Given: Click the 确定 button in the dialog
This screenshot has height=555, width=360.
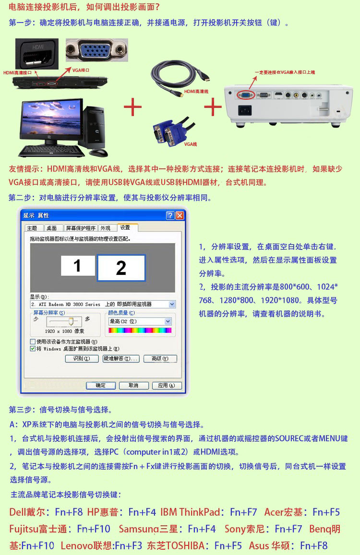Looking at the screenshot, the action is pyautogui.click(x=101, y=386).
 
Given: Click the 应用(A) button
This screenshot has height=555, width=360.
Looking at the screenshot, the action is pyautogui.click(x=167, y=386).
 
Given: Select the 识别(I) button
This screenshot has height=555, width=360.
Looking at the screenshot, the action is pyautogui.click(x=82, y=358).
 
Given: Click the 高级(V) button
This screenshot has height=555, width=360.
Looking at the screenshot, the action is pyautogui.click(x=160, y=358).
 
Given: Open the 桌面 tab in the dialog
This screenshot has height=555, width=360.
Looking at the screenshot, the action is pyautogui.click(x=52, y=228).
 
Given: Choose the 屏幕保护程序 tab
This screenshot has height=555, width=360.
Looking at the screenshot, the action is pyautogui.click(x=81, y=228).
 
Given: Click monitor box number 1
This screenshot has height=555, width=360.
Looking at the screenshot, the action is pyautogui.click(x=78, y=265).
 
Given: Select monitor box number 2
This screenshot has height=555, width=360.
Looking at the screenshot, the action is pyautogui.click(x=121, y=268).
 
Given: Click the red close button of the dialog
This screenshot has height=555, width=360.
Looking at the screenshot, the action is pyautogui.click(x=180, y=215).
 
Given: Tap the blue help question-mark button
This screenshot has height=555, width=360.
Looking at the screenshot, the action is pyautogui.click(x=170, y=215).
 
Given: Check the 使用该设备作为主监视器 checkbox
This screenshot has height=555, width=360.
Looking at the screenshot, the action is pyautogui.click(x=33, y=342).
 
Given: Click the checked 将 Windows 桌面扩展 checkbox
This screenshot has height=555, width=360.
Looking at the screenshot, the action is pyautogui.click(x=33, y=349).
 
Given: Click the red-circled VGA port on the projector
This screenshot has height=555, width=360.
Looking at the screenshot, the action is pyautogui.click(x=246, y=94).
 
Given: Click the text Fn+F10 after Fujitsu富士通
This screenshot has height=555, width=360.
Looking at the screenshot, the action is pyautogui.click(x=94, y=529).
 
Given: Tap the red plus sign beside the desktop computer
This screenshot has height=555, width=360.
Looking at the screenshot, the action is pyautogui.click(x=133, y=107).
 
